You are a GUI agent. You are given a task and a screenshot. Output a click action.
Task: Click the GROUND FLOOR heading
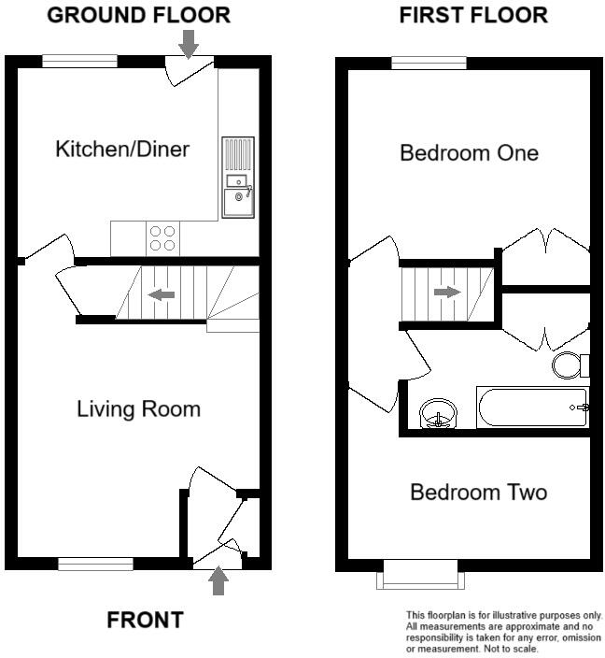[138, 15]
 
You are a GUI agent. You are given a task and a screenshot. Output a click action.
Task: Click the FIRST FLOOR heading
[473, 15]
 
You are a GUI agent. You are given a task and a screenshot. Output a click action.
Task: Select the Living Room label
[138, 408]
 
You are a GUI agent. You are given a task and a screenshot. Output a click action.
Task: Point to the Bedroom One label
[469, 152]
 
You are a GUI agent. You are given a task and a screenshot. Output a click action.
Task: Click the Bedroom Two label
[478, 492]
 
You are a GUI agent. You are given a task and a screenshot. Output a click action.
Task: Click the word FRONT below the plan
[145, 620]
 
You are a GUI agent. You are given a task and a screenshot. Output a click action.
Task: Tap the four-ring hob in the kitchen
[162, 238]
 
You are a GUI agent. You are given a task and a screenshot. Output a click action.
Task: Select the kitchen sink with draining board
[237, 178]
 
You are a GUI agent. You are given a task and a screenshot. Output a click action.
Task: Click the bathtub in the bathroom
[532, 408]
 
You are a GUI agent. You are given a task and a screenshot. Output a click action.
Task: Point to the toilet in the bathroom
[570, 365]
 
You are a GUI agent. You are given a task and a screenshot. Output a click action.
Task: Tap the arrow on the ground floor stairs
[162, 294]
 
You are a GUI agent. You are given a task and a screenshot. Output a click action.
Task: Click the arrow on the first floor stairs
[448, 292]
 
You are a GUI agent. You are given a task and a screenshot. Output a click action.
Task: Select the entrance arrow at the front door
[218, 581]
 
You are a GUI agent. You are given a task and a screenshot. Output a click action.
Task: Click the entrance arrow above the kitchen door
[189, 42]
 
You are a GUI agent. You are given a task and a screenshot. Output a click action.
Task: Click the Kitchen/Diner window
[79, 62]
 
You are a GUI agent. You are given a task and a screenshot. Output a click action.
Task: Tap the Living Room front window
[95, 564]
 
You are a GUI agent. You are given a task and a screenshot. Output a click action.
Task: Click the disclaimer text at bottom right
[503, 632]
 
